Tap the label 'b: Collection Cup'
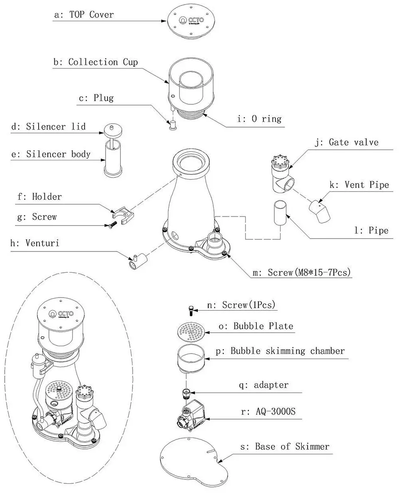(96, 62)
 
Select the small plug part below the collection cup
(172, 125)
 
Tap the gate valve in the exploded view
(282, 174)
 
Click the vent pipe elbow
(320, 212)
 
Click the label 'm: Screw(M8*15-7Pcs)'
(302, 272)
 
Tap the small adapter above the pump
(187, 393)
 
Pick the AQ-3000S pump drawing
(191, 414)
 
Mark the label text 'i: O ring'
(259, 119)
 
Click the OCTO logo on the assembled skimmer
(61, 314)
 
